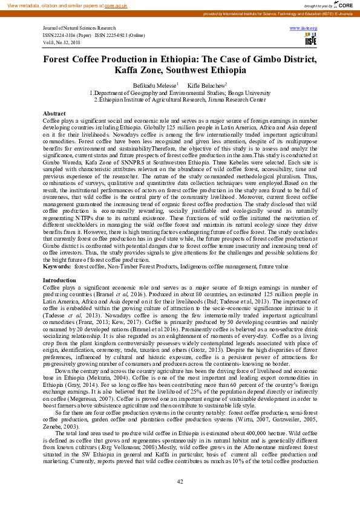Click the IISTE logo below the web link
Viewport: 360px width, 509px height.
coord(311,40)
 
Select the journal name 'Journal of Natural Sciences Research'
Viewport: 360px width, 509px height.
coord(79,28)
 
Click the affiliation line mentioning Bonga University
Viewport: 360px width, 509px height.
coord(180,93)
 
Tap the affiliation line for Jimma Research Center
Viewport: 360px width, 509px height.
coord(180,100)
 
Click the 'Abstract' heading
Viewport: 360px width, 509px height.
coord(54,114)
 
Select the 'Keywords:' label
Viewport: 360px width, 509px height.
coord(56,266)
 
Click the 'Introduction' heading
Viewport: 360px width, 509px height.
coord(59,280)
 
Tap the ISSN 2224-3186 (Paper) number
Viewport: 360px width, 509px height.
coord(68,35)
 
